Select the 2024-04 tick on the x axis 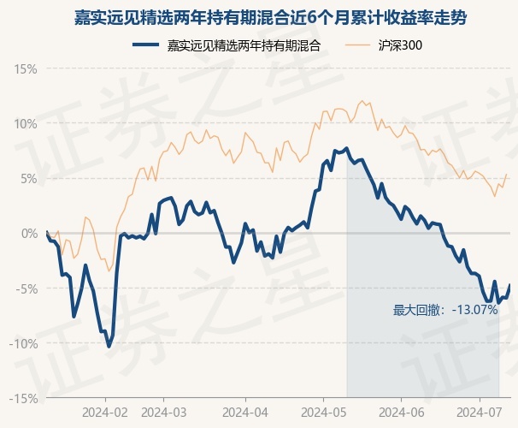244,412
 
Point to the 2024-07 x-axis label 480,412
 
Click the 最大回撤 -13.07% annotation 445,310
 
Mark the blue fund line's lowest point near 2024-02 109,347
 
